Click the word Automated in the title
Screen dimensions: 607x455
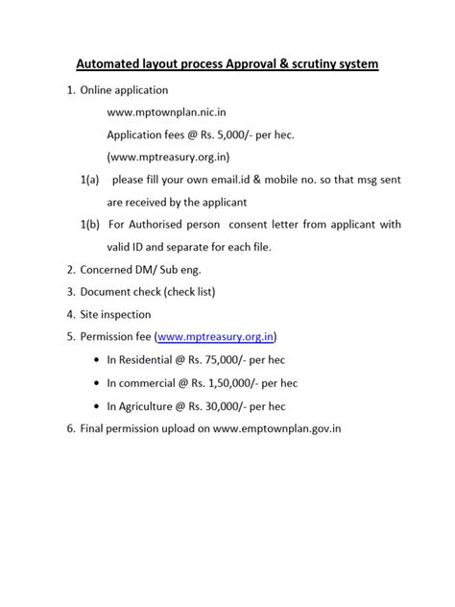coord(112,64)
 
